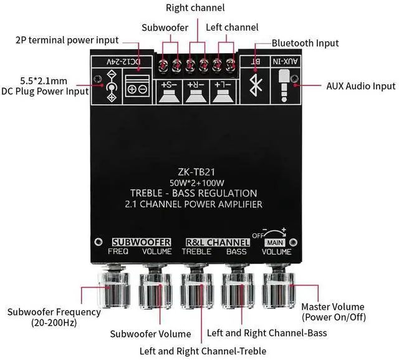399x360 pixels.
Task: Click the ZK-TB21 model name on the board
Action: [200, 170]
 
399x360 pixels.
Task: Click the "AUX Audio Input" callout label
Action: [360, 86]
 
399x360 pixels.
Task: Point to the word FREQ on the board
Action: [118, 252]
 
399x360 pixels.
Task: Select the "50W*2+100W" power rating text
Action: [200, 182]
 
